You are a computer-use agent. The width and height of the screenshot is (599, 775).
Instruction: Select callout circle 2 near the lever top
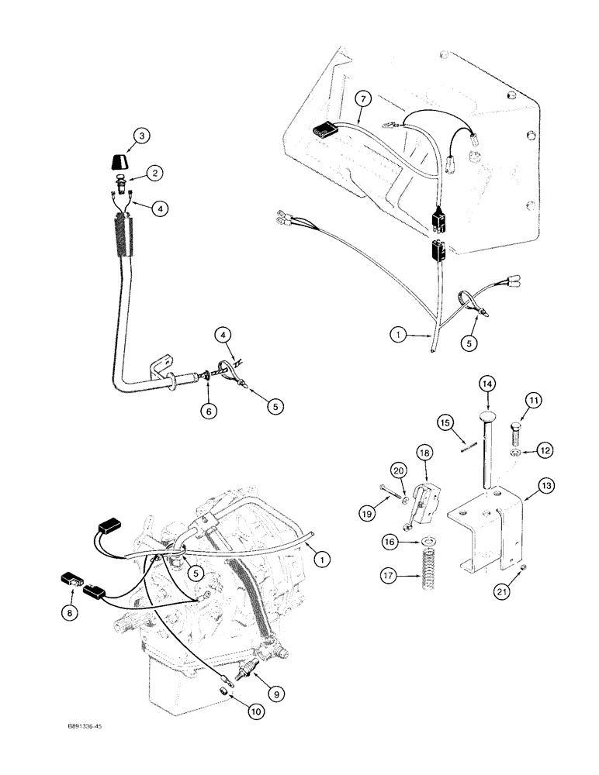coord(156,174)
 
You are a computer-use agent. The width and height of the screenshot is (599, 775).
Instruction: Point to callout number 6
coord(207,411)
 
